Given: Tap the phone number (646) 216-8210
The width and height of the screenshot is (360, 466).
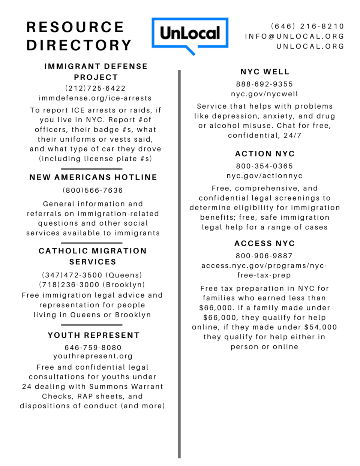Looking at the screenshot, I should [x=307, y=26].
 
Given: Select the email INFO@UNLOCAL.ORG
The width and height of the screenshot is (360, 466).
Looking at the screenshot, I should [x=294, y=36].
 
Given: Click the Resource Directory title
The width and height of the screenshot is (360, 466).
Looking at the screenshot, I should [x=79, y=36].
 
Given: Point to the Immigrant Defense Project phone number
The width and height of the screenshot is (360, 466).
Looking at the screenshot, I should [x=95, y=88].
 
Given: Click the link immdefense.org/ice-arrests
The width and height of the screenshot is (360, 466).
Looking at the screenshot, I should [x=95, y=98].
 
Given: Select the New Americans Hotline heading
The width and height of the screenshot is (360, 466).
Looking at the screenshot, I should [x=93, y=177].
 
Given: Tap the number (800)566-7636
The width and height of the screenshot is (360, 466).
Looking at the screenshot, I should [x=93, y=190].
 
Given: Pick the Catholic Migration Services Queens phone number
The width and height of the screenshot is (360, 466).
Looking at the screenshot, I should [x=92, y=275].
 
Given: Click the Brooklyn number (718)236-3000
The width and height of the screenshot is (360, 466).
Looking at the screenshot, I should [x=92, y=285].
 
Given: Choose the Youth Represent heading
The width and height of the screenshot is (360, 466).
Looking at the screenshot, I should [x=93, y=335].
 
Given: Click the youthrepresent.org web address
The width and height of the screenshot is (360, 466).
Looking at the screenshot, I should [x=93, y=356].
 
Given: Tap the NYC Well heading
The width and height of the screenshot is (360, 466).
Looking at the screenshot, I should [x=265, y=72].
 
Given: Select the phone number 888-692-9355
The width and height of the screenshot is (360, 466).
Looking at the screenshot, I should [x=264, y=84].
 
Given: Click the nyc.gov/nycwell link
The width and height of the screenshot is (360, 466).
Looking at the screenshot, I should [x=264, y=94].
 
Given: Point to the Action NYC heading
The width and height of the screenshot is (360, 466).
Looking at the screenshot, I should [x=265, y=154].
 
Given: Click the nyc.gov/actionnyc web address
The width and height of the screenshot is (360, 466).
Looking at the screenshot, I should [x=264, y=176].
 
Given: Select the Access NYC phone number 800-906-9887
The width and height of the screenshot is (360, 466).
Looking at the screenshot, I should [x=264, y=256].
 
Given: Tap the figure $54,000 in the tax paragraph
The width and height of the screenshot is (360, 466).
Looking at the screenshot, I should [x=321, y=327].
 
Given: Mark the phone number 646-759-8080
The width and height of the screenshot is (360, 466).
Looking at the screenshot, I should [x=93, y=348].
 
